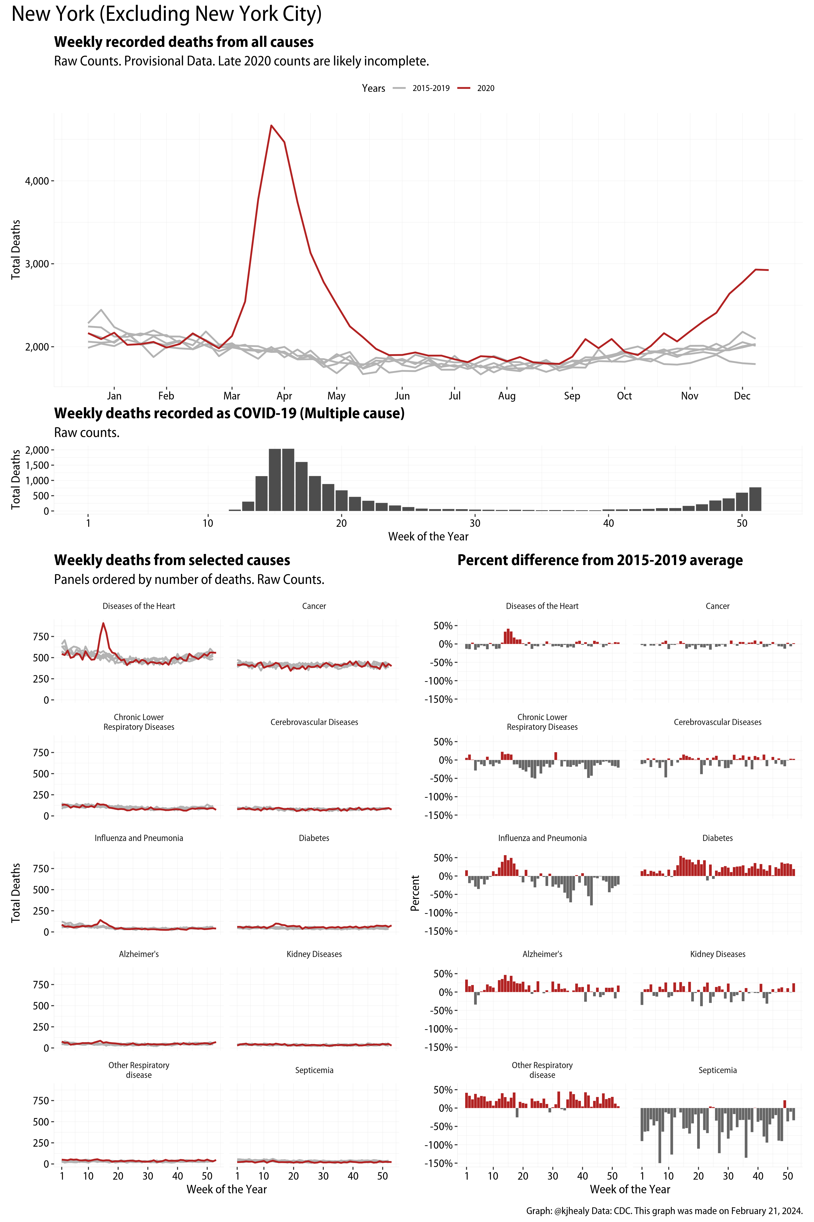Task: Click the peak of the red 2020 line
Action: (x=271, y=126)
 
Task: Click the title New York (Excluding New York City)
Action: (x=166, y=14)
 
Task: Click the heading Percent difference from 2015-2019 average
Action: (x=600, y=560)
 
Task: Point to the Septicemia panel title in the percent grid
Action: (x=717, y=1070)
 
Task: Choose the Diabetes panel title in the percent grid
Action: (x=717, y=838)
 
